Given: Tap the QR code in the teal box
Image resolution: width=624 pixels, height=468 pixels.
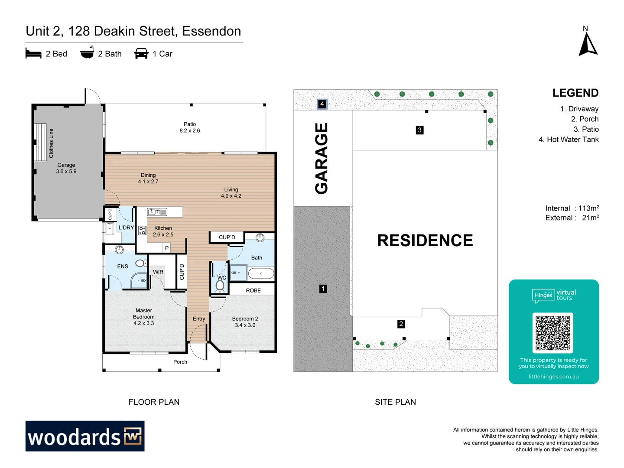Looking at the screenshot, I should pos(552,333).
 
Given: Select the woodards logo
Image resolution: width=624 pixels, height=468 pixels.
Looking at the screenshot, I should pos(85,436).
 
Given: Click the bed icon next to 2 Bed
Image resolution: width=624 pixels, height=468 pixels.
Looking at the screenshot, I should pos(33,54).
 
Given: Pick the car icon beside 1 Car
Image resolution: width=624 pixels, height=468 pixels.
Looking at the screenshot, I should pos(141,54).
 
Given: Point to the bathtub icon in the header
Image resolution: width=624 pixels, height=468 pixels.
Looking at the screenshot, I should pos(87,52).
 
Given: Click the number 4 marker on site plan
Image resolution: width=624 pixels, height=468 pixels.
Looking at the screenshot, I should pos(322,104).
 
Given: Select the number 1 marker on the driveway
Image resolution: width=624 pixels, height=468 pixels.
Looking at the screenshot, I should pos(323,289).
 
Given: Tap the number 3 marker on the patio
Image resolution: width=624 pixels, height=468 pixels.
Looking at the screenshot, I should pos(419,130).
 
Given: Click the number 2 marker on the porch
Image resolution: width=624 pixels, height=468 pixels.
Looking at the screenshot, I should pos(401,324).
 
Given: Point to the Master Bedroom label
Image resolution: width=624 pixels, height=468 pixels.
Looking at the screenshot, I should pos(143,317).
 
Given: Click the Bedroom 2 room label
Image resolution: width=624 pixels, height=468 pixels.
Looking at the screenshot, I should pos(245,322).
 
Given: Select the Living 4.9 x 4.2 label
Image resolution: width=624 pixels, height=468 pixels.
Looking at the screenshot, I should pos(231,193).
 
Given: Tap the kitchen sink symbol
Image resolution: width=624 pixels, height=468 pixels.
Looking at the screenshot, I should pos(157,212).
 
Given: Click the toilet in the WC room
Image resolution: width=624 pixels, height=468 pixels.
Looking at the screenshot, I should pos(220,286).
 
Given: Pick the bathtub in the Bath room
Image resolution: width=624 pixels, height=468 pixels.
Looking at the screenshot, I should pos(261,273).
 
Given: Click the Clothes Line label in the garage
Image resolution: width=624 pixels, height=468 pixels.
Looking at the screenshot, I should pos(51,143).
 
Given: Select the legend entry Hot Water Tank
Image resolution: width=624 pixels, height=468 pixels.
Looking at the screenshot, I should pos(569,140).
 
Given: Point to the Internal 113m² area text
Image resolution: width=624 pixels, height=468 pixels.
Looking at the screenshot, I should pos(572,208).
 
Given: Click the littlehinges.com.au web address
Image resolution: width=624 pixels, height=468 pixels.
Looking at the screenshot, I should pos(553,377).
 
